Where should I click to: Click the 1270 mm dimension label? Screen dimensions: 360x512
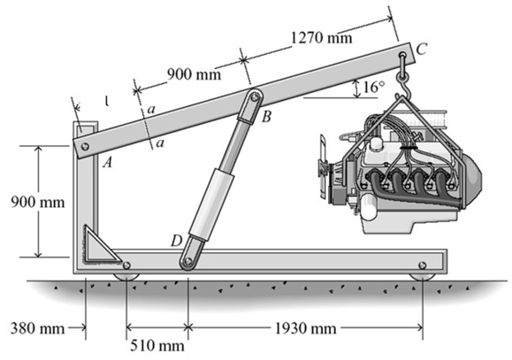[322, 37]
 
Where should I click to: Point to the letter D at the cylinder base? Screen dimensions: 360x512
[175, 240]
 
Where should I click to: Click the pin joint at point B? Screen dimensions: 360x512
[256, 98]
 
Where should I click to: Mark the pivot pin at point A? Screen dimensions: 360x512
[81, 146]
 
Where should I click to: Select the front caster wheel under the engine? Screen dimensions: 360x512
[422, 267]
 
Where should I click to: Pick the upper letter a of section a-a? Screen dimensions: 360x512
[153, 108]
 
